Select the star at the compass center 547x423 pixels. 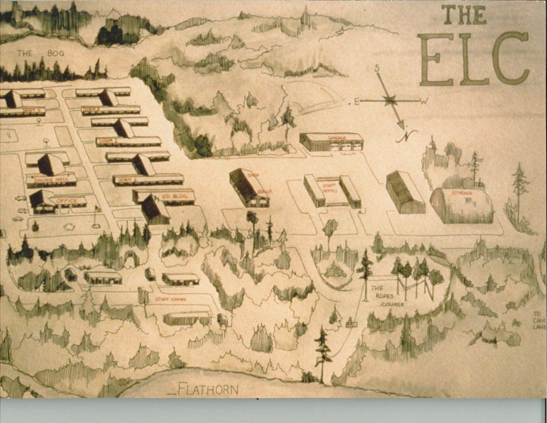[390, 100]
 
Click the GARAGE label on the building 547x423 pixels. [336, 137]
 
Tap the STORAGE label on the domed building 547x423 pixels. [461, 193]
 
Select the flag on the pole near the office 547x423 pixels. [97, 209]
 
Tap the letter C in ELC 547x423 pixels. [511, 58]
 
